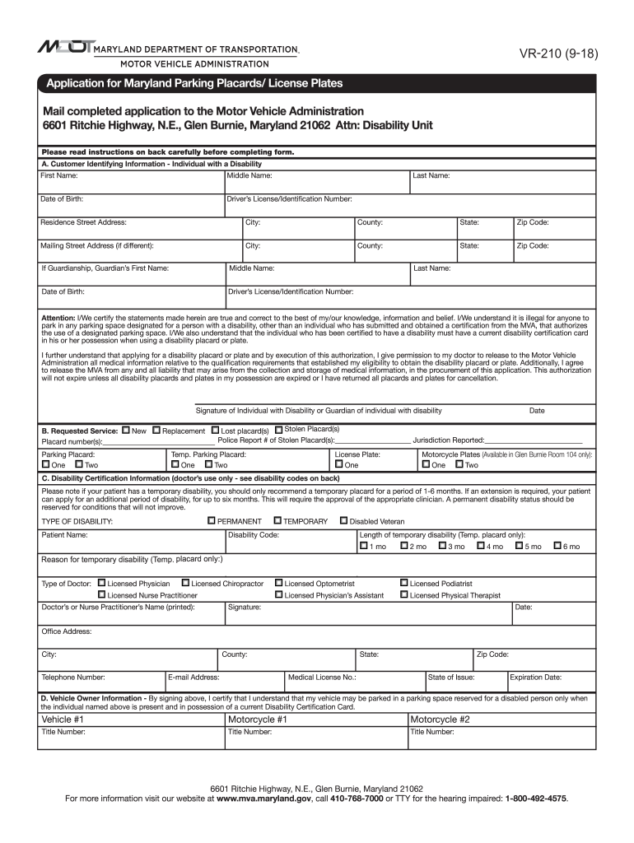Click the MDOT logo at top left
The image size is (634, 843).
pos(65,48)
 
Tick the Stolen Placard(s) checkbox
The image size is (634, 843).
pos(278,429)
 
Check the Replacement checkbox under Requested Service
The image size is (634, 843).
pos(156,431)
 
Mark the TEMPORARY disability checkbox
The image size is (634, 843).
pos(277,521)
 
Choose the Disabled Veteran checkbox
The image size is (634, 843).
pos(343,521)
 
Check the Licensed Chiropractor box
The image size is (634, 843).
pos(185,583)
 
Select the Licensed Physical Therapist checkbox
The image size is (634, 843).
pos(403,594)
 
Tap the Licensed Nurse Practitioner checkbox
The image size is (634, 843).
pos(101,594)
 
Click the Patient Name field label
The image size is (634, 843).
pos(64,535)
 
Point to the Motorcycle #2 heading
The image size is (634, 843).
pos(440,719)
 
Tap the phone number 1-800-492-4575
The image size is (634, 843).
pos(536,799)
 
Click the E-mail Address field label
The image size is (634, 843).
pos(194,678)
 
